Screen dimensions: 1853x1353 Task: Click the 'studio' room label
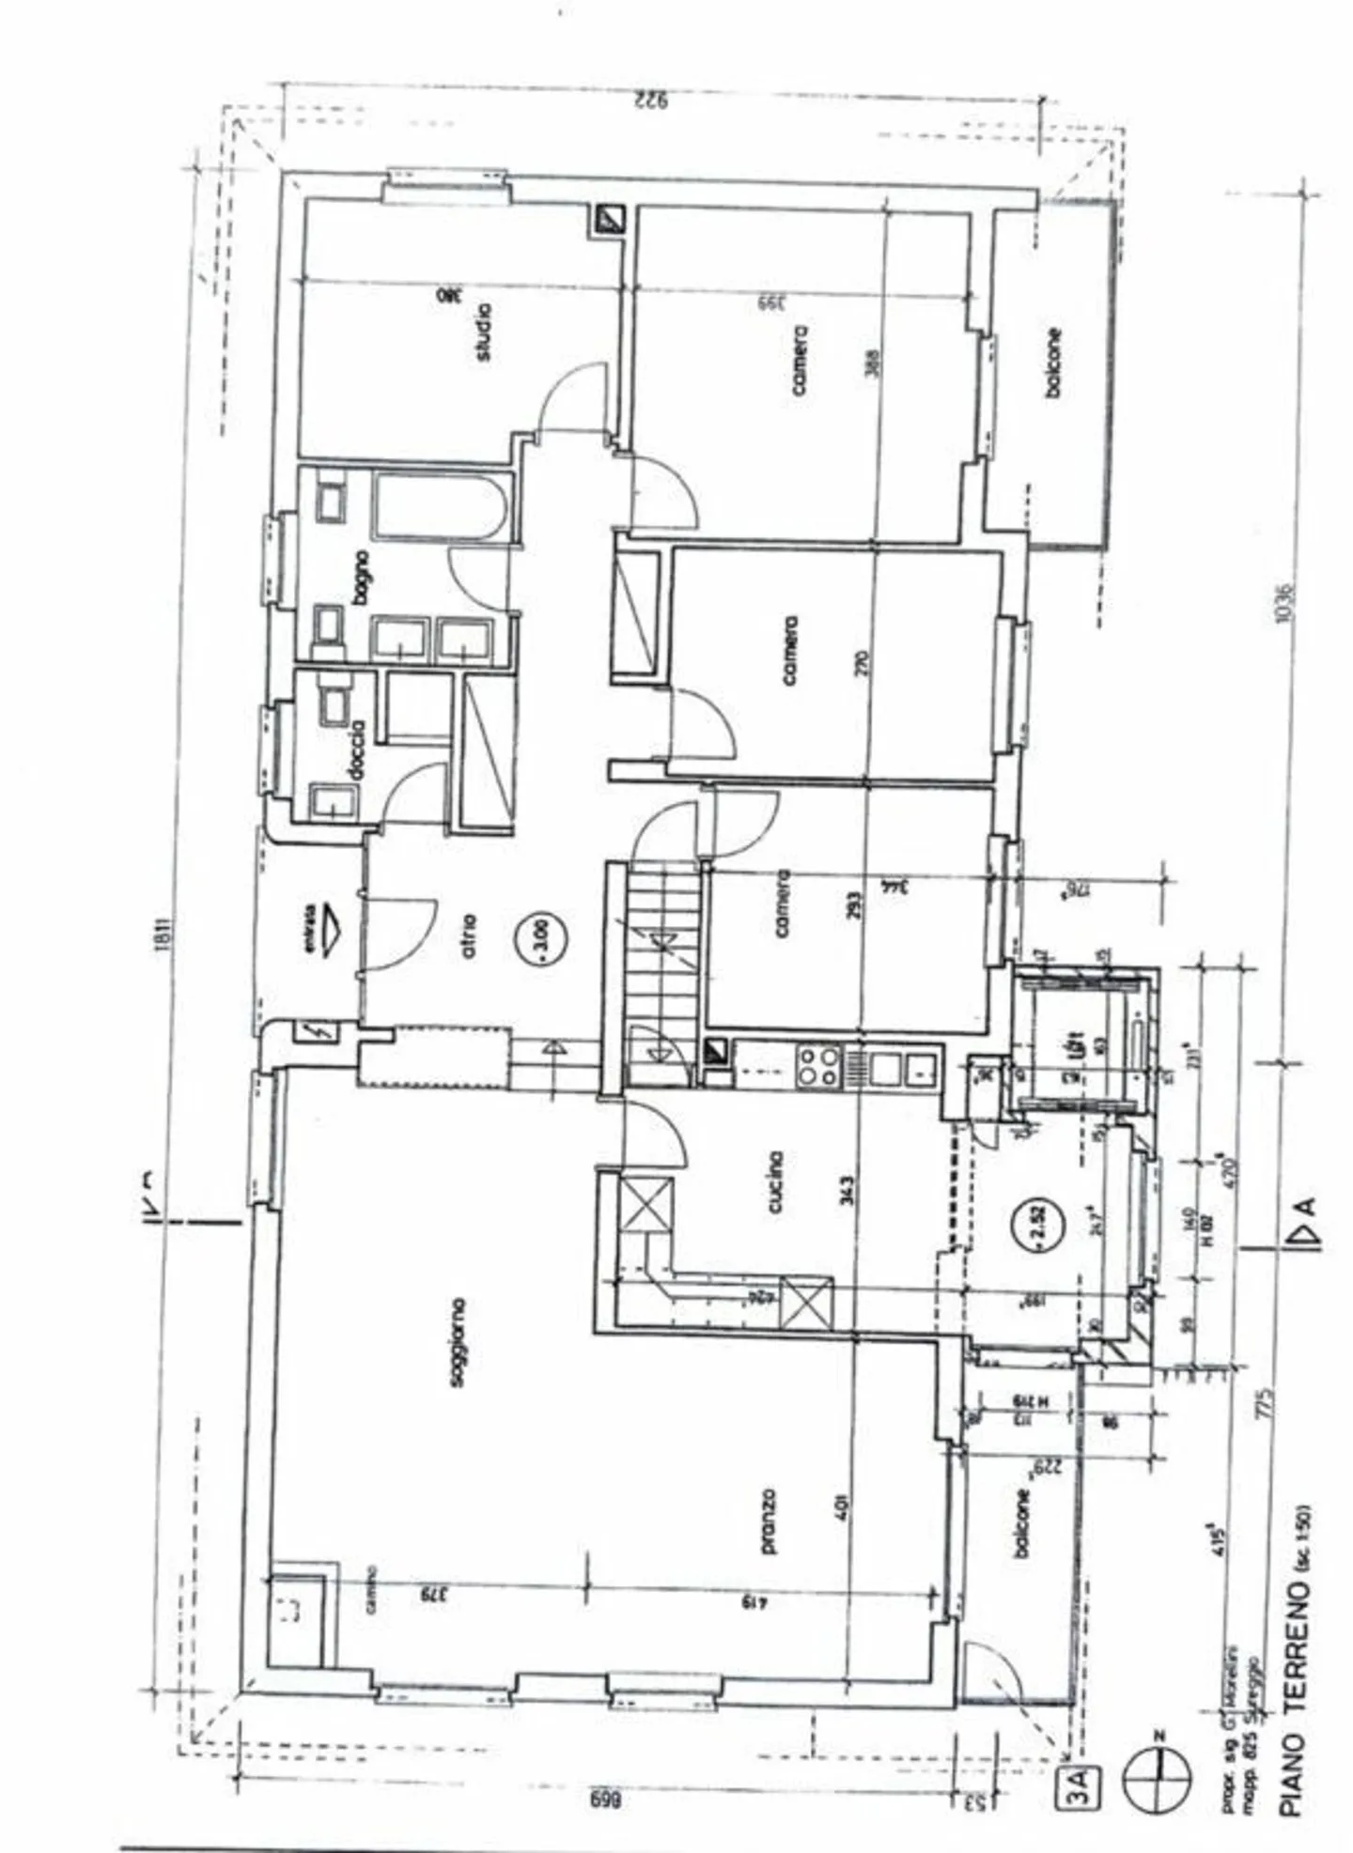[483, 331]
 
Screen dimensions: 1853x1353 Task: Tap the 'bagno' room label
[362, 576]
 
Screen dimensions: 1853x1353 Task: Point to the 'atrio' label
[469, 935]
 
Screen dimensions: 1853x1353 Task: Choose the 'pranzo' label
[769, 1521]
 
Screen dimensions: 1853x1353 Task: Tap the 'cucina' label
[776, 1181]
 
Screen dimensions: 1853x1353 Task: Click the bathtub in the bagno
[440, 507]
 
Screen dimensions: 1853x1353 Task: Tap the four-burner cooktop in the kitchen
[817, 1066]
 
